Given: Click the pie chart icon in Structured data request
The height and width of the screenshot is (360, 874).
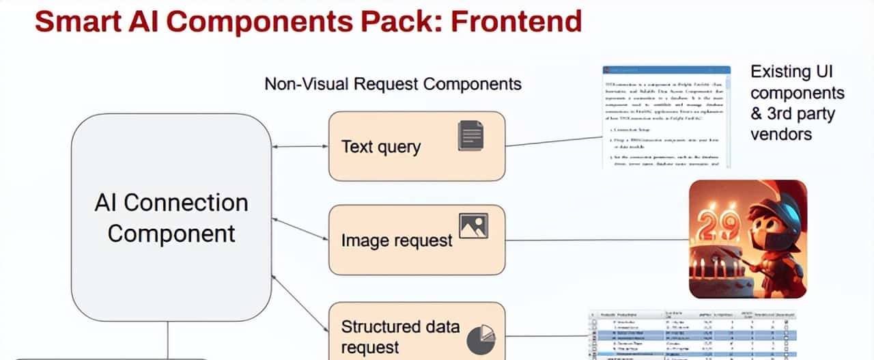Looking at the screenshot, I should point(481,340).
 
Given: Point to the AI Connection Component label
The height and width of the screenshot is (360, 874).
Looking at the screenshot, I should point(171,218).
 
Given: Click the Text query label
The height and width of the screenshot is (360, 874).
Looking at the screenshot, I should point(381,147).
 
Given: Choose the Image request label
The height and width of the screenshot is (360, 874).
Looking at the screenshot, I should point(397,240).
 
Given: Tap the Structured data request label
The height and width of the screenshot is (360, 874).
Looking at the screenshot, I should point(400,336).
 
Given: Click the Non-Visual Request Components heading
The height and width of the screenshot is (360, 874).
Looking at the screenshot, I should point(393,84).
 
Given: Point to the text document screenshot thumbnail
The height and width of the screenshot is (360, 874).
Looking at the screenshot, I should point(666,117).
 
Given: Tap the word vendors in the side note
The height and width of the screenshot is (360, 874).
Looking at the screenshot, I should point(781,134).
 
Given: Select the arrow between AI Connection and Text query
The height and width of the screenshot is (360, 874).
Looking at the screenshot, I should point(300,146).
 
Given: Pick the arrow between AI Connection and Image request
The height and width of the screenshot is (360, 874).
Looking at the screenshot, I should point(300,228).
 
